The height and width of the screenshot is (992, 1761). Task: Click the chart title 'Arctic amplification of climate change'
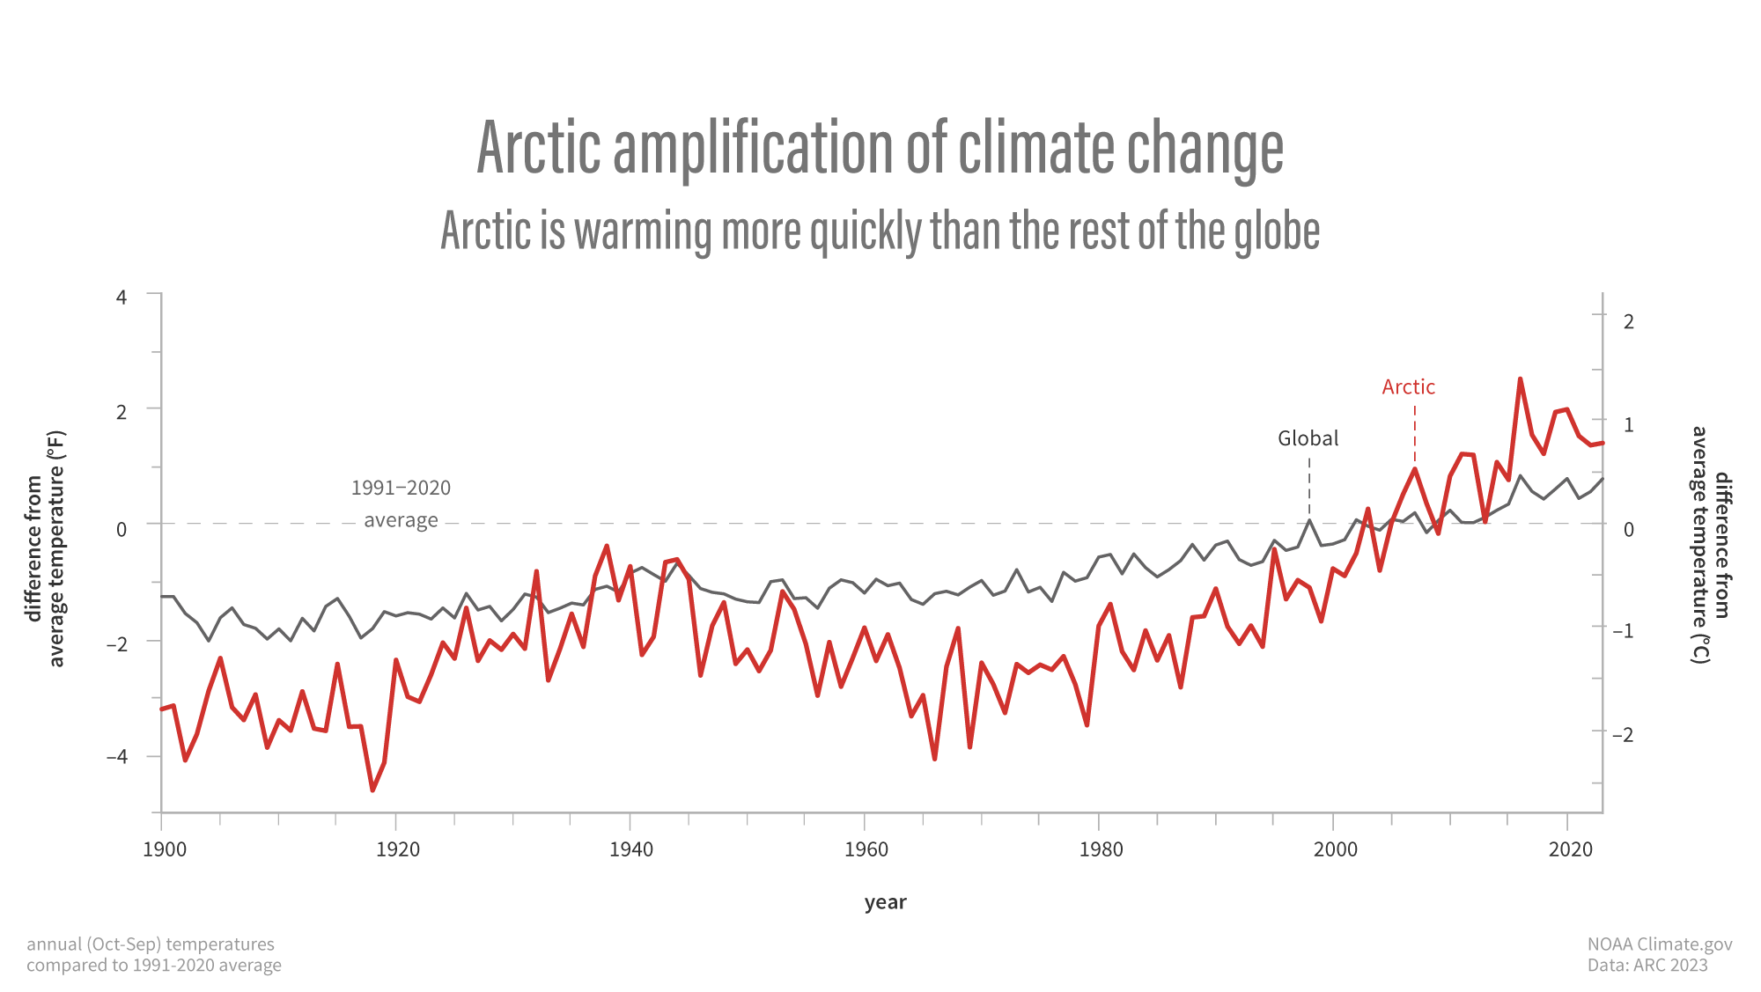coord(880,148)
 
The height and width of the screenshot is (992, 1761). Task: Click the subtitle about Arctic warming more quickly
coord(880,231)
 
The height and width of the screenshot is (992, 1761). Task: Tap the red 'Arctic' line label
coord(1408,387)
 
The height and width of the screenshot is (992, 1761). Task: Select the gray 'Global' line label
coord(1308,438)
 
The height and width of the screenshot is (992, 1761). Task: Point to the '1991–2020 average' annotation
coord(401,503)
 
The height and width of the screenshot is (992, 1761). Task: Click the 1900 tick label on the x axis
coord(165,849)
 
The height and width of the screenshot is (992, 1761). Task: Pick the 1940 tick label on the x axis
coord(631,849)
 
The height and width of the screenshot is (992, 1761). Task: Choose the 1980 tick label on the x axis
coord(1102,849)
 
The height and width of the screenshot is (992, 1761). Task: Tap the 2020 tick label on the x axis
coord(1571,849)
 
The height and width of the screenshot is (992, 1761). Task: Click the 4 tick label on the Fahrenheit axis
coord(122,298)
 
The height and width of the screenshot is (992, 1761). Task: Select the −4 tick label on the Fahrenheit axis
coord(117,757)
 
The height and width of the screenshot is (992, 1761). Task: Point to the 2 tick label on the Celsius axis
coord(1628,322)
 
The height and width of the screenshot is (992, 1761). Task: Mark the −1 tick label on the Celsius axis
coord(1623,631)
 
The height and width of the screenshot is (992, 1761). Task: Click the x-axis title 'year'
coord(885,902)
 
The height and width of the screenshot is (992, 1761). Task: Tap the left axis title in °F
coord(45,548)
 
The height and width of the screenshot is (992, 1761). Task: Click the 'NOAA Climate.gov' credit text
coord(1659,944)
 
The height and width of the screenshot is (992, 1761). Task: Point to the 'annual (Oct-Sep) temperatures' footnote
coord(151,944)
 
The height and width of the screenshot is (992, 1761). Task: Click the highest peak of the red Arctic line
coord(1520,379)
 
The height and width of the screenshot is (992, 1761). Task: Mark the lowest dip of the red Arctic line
coord(372,790)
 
